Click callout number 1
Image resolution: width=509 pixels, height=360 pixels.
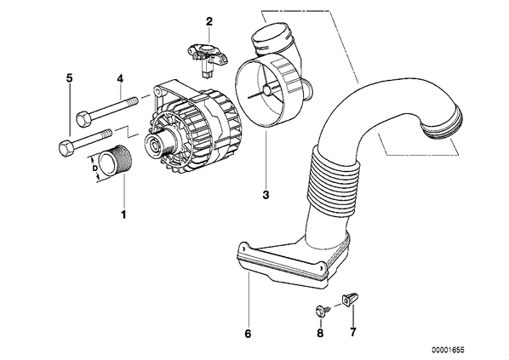(x=123, y=214)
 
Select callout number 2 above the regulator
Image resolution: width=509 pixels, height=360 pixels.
(x=209, y=22)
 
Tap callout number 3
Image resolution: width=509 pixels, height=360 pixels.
(x=266, y=195)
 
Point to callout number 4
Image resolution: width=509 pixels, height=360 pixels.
(x=120, y=78)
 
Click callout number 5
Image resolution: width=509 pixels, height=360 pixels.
(x=69, y=78)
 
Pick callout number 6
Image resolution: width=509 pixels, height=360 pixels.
(x=248, y=334)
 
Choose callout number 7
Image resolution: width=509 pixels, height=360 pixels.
(x=353, y=332)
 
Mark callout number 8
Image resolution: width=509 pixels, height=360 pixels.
(x=320, y=333)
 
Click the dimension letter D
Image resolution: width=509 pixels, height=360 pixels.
(x=94, y=169)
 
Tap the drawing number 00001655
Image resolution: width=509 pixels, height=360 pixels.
(x=448, y=350)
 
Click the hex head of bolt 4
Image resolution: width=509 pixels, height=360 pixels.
(x=83, y=118)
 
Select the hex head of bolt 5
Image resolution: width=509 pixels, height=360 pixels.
(x=66, y=148)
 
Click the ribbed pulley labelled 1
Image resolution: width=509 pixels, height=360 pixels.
(x=115, y=161)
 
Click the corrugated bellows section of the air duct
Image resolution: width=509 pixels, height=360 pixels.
(x=333, y=182)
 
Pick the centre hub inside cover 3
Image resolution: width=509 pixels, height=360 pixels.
(x=268, y=90)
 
